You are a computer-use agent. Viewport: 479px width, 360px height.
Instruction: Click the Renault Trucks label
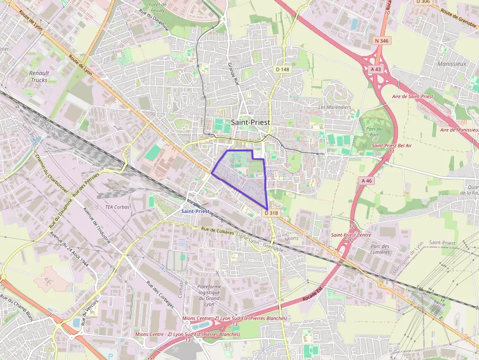coord(39,77)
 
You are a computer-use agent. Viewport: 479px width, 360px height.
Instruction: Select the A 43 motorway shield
coord(375,69)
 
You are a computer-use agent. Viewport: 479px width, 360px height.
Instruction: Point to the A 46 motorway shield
coord(367,181)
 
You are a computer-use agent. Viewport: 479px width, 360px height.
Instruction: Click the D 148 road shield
coord(283,69)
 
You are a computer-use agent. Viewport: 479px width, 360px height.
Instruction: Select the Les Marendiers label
coord(335,107)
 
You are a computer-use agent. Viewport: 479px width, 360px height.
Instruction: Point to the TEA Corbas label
coord(117,207)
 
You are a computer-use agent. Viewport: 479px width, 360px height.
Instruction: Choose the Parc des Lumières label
coord(380,249)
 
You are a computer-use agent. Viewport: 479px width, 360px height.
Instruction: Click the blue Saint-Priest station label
coord(195,211)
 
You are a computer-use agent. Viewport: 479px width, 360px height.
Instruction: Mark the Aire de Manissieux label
coord(459,130)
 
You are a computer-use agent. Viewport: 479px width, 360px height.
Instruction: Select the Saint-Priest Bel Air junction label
coord(392,146)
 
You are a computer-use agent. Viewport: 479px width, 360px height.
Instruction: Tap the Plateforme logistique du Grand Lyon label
coord(209,296)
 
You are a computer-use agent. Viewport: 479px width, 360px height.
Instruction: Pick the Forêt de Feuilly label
coord(157,7)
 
